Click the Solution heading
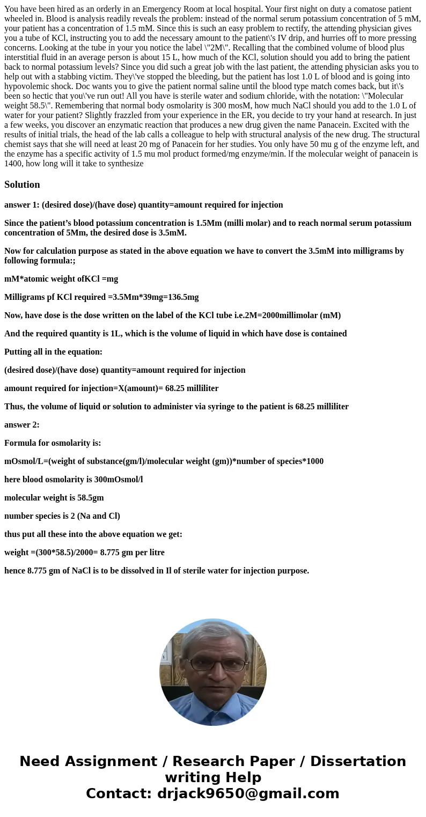pos(22,185)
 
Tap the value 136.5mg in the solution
pos(179,297)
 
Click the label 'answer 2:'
pos(21,425)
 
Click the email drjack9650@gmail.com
pos(248,793)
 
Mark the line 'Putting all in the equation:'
pos(53,352)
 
